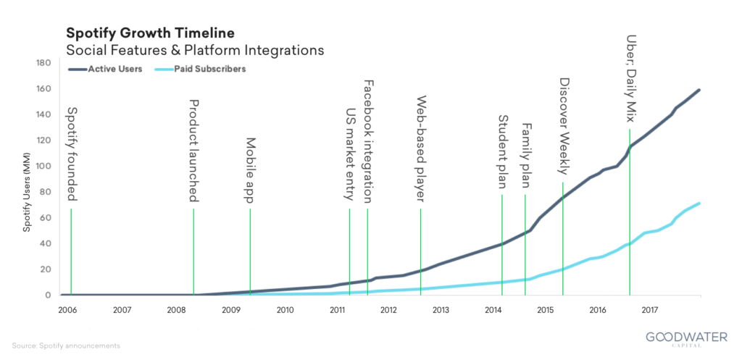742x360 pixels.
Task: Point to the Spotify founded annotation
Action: [71, 154]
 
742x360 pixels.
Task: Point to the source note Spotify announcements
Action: [66, 346]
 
